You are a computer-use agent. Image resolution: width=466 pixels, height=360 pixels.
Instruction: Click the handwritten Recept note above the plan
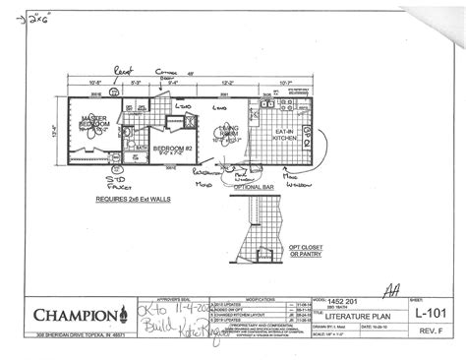pos(121,72)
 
